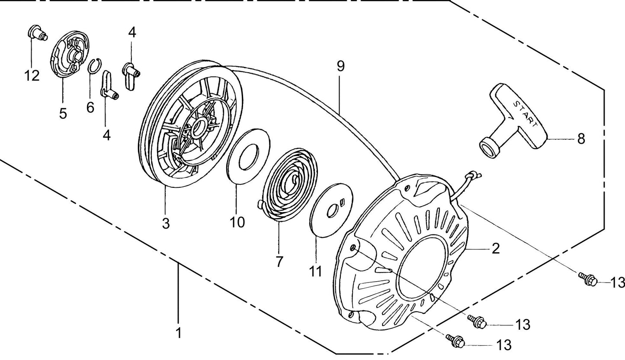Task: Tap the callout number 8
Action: (x=581, y=139)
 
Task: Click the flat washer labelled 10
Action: (x=249, y=156)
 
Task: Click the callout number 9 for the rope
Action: (x=340, y=66)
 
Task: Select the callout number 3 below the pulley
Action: (x=166, y=223)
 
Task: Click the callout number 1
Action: (x=178, y=333)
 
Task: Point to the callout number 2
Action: (x=496, y=248)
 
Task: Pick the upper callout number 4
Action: (x=132, y=32)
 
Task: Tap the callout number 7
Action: (x=279, y=261)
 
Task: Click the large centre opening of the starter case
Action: (x=422, y=268)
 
